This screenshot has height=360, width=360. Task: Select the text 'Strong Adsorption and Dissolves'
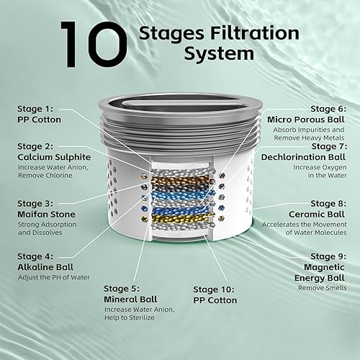pyautogui.click(x=45, y=228)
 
